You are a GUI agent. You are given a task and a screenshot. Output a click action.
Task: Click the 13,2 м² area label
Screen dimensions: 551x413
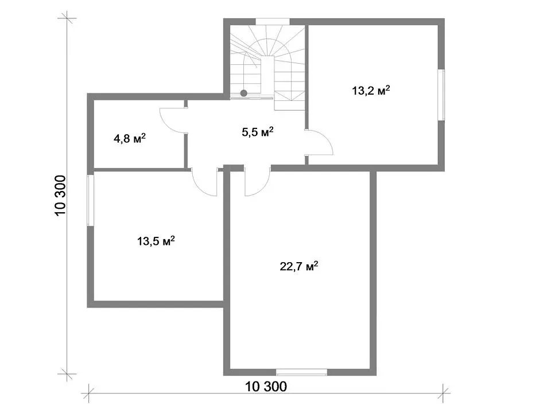(x=371, y=91)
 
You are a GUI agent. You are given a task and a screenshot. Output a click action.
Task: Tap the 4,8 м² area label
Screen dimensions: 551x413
(x=129, y=138)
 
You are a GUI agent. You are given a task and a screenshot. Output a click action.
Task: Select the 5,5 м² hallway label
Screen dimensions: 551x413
(x=258, y=132)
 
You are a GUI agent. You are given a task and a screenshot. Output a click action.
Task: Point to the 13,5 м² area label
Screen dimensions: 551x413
(x=156, y=241)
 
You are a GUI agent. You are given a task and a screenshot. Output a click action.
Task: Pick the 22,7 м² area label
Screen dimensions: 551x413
(x=298, y=266)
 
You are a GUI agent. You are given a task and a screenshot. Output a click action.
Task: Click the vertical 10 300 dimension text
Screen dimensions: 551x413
(x=60, y=196)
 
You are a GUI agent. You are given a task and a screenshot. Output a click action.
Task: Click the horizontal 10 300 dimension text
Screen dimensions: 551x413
(x=266, y=387)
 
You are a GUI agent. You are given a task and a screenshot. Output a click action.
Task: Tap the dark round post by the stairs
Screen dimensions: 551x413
(x=243, y=93)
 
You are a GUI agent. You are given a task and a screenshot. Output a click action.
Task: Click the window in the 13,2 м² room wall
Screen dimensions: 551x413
(x=441, y=95)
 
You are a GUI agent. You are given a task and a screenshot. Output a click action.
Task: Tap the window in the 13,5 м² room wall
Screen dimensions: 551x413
(x=91, y=200)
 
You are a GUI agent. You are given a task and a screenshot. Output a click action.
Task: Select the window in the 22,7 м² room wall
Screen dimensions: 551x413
(x=301, y=372)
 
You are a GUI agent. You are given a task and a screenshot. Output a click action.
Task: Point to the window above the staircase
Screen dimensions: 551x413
(x=272, y=21)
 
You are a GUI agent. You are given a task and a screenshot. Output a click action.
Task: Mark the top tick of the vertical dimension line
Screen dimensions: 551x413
(x=67, y=18)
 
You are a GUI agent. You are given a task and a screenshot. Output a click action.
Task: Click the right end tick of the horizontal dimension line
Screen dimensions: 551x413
(x=444, y=393)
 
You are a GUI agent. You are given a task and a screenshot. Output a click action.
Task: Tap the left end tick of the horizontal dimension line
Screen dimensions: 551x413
(x=88, y=393)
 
